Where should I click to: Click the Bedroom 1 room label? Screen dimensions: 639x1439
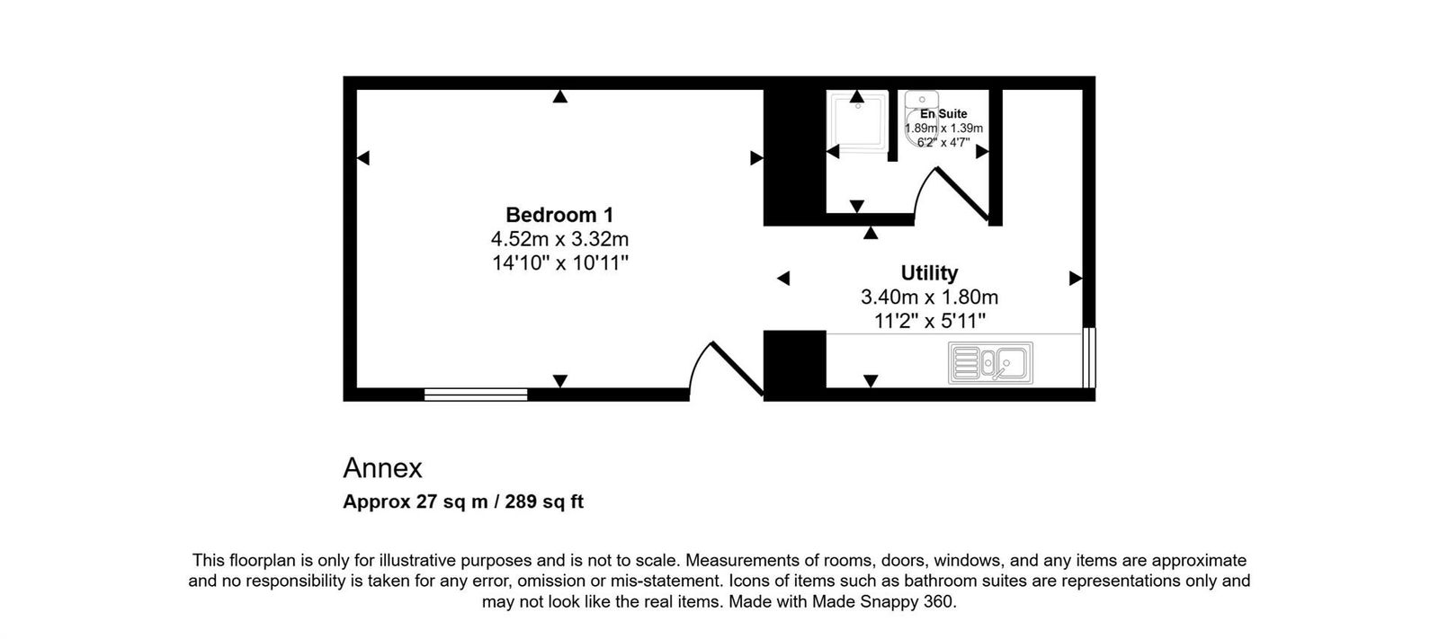click(x=559, y=215)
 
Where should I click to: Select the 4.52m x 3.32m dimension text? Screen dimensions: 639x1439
click(x=559, y=239)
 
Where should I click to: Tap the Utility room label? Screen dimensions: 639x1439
click(x=929, y=272)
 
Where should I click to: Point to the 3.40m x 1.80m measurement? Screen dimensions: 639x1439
click(x=929, y=297)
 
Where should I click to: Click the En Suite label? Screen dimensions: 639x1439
click(x=943, y=114)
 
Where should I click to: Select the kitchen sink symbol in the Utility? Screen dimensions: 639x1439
click(x=989, y=363)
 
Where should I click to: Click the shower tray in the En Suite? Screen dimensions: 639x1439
click(x=855, y=126)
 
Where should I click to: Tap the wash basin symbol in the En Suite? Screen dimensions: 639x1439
click(x=922, y=101)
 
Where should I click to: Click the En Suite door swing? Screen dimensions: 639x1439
click(x=953, y=193)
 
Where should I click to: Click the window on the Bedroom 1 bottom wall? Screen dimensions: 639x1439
click(x=476, y=394)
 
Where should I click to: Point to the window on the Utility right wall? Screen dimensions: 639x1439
click(x=1089, y=358)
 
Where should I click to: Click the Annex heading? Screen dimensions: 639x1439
click(x=382, y=468)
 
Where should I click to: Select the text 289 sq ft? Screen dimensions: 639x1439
click(x=544, y=501)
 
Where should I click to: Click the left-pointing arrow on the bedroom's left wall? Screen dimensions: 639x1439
click(x=362, y=158)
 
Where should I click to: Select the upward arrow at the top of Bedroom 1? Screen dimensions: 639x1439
click(x=560, y=96)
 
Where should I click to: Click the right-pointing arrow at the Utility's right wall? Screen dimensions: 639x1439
click(x=1075, y=279)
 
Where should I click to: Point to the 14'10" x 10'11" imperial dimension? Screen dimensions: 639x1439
click(x=559, y=263)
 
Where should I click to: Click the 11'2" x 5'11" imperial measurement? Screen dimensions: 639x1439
click(x=929, y=320)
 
